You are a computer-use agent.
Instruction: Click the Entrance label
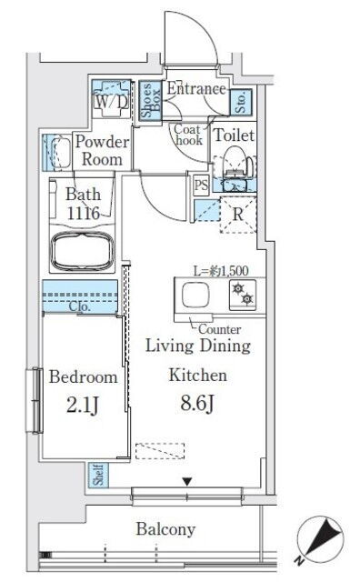pyautogui.click(x=196, y=89)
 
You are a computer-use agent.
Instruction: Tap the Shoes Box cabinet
pyautogui.click(x=150, y=100)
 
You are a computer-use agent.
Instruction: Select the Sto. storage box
pyautogui.click(x=241, y=101)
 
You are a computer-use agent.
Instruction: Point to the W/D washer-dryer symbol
pyautogui.click(x=111, y=99)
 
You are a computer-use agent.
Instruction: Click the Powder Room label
pyautogui.click(x=102, y=150)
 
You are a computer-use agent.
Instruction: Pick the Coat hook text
pyautogui.click(x=188, y=135)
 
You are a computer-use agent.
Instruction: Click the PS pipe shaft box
pyautogui.click(x=201, y=185)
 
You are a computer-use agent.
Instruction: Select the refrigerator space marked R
pyautogui.click(x=238, y=215)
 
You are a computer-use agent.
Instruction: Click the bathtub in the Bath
pyautogui.click(x=82, y=252)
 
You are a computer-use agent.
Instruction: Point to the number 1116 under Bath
pyautogui.click(x=84, y=213)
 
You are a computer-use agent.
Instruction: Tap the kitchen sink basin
pyautogui.click(x=195, y=295)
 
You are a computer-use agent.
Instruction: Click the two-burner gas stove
pyautogui.click(x=243, y=295)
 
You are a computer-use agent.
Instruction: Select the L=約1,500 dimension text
pyautogui.click(x=221, y=271)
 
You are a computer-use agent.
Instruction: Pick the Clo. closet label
pyautogui.click(x=80, y=306)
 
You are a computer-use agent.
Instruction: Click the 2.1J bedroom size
pyautogui.click(x=83, y=405)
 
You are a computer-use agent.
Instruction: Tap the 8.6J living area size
pyautogui.click(x=197, y=403)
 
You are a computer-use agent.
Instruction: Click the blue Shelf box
pyautogui.click(x=98, y=475)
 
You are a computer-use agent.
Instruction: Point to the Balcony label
pyautogui.click(x=165, y=529)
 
